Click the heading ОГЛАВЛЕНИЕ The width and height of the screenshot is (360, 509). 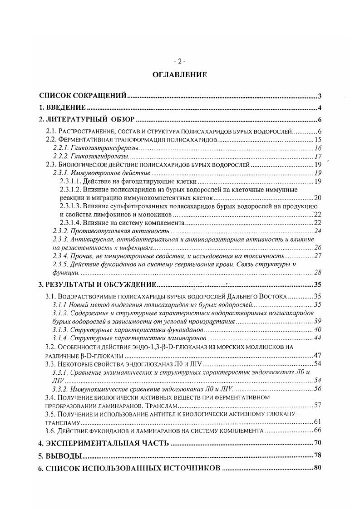coord(180,75)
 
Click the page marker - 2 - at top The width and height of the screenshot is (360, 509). coord(180,62)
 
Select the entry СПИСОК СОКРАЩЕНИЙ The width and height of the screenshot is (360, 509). coord(83,96)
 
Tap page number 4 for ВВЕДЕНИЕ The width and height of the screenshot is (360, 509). coord(320,108)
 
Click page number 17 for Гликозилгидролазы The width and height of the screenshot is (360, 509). coord(318,157)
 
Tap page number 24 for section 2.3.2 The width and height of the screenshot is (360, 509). coord(318,231)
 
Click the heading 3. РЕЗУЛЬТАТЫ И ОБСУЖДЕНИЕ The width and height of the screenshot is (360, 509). coord(97,285)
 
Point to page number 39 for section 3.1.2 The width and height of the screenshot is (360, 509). coord(318,321)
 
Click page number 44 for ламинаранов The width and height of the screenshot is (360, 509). coord(318,338)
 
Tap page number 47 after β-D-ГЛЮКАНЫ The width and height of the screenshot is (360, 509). coord(318,355)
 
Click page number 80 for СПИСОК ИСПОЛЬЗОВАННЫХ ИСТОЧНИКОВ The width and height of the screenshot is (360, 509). coord(317,468)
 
